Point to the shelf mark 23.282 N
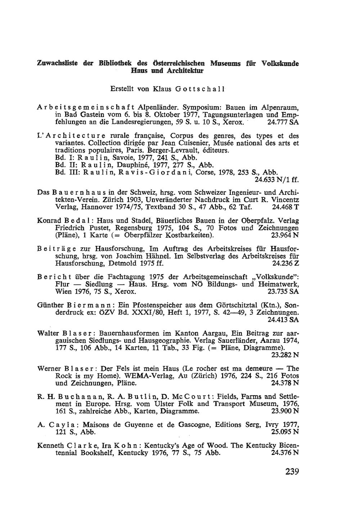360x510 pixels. pos(284,355)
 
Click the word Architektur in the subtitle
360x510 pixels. pos(185,71)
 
